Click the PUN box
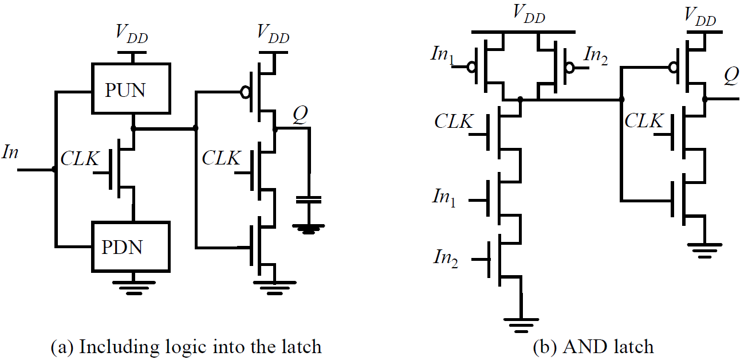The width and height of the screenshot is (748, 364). click(132, 89)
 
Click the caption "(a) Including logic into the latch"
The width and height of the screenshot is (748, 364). click(186, 347)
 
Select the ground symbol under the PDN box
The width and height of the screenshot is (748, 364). click(133, 285)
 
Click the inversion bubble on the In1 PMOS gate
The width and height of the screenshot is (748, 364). click(471, 67)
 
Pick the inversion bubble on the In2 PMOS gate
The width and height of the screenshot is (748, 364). click(568, 67)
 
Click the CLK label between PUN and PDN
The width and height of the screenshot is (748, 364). click(80, 159)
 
